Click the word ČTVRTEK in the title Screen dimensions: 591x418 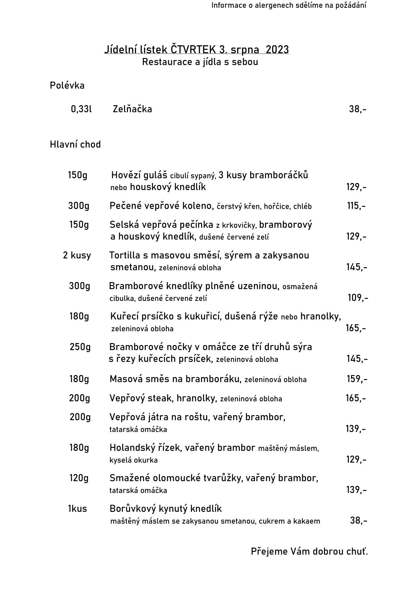(193, 50)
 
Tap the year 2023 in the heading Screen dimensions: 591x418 (277, 50)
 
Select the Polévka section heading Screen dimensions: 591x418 (67, 86)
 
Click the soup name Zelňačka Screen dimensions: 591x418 (132, 109)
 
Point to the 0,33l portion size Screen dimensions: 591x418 (81, 109)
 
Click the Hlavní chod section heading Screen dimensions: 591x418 (75, 145)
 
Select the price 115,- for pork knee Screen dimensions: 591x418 (356, 206)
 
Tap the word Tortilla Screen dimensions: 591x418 (123, 255)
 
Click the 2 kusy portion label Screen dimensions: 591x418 (77, 255)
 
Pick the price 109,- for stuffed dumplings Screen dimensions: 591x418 (358, 298)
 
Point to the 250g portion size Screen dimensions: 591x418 (80, 347)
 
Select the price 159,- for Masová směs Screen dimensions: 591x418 (357, 379)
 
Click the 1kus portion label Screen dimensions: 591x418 (77, 508)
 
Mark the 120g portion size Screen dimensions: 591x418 (79, 478)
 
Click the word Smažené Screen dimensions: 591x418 (129, 478)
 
